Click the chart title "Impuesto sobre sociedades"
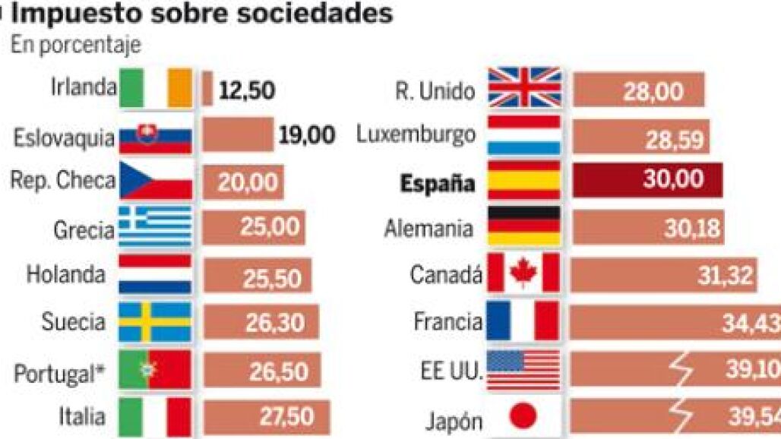click(x=201, y=14)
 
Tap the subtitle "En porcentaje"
click(x=75, y=45)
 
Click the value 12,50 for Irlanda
click(x=247, y=91)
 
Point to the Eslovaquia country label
click(x=64, y=138)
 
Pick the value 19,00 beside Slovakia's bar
click(x=307, y=136)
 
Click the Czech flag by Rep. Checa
click(x=156, y=181)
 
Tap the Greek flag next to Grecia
click(x=156, y=227)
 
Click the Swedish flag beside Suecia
click(x=156, y=322)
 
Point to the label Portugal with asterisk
click(x=59, y=373)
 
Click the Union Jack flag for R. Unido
click(x=524, y=88)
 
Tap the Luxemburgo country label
click(x=416, y=135)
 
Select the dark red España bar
click(x=647, y=181)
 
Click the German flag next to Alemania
click(x=524, y=226)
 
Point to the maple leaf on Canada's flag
click(x=524, y=273)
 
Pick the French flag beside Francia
click(x=523, y=321)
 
